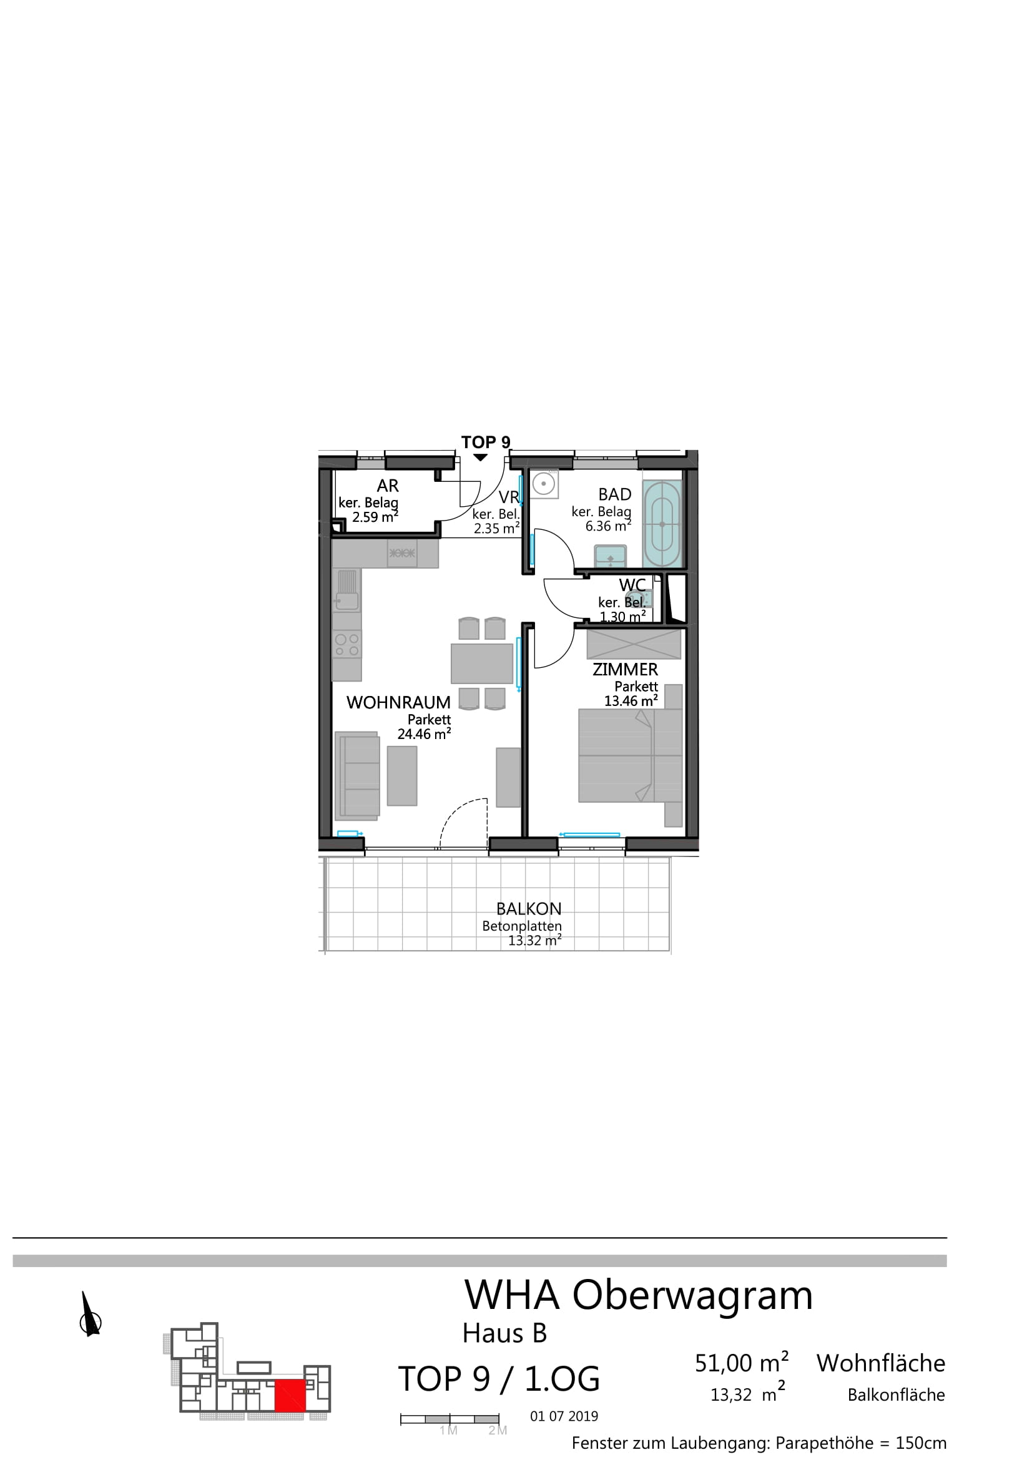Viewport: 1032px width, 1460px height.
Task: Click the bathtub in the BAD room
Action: tap(662, 524)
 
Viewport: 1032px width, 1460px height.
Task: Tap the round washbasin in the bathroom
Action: tap(544, 483)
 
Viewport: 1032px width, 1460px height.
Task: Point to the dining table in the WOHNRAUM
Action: tap(482, 664)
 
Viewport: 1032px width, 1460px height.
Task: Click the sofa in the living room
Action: tap(356, 774)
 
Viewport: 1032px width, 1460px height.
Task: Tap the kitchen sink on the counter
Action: tap(347, 590)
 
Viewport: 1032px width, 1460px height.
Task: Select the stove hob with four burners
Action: tap(347, 644)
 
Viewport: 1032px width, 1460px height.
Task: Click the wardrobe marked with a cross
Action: tap(634, 644)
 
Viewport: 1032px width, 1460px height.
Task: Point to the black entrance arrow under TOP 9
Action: tap(481, 458)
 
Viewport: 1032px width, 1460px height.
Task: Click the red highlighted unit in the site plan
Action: tap(290, 1395)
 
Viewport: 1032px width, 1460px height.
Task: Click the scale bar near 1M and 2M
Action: tap(450, 1419)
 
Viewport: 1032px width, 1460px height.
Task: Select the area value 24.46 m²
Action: tap(424, 734)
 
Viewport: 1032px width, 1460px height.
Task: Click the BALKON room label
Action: tap(529, 909)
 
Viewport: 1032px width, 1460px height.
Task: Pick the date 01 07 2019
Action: tap(564, 1416)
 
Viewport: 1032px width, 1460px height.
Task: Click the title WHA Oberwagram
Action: tap(639, 1295)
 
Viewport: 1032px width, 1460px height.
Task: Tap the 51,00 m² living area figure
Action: tap(742, 1363)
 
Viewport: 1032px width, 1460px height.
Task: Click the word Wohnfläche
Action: tap(881, 1363)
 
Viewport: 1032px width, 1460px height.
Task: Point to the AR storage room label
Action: tap(388, 486)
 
